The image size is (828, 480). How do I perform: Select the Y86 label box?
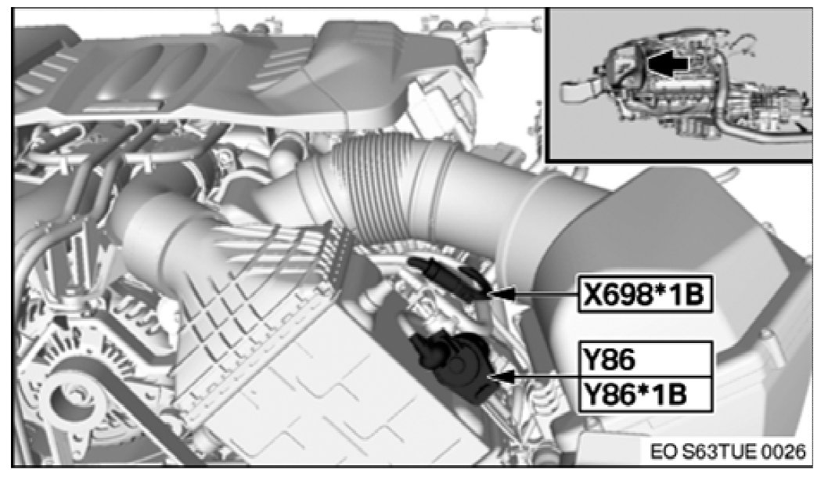646,359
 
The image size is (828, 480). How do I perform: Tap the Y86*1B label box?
646,395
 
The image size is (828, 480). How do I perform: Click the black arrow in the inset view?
668,63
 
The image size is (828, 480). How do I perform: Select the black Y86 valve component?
453,365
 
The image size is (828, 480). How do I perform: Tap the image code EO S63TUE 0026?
728,452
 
